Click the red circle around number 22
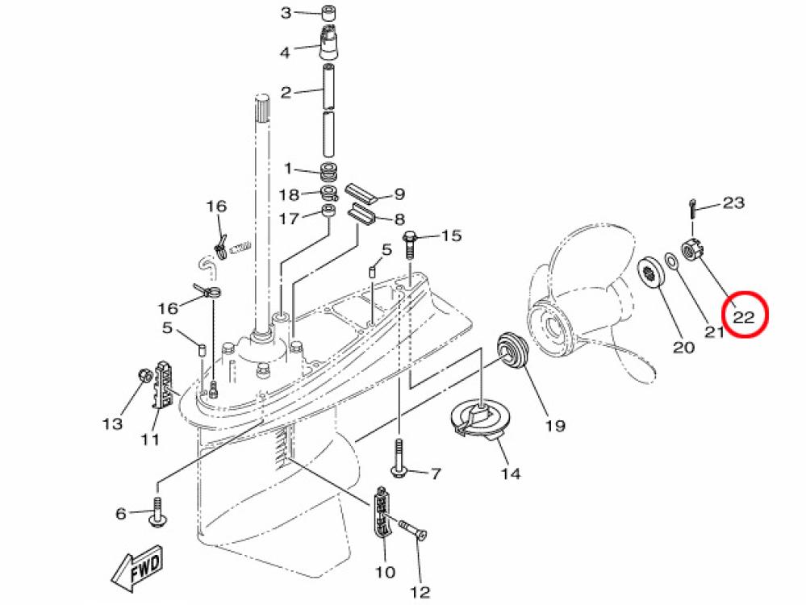(743, 316)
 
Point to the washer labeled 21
(670, 261)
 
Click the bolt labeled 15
(409, 240)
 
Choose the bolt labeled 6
(158, 514)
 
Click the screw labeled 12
(414, 529)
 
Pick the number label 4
(284, 52)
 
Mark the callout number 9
(399, 194)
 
